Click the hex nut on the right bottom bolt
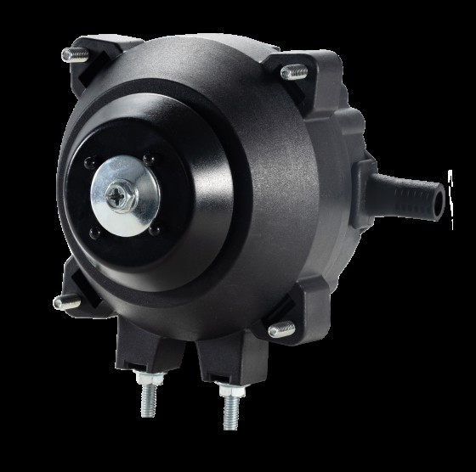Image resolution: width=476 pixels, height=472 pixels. pyautogui.click(x=229, y=392)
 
